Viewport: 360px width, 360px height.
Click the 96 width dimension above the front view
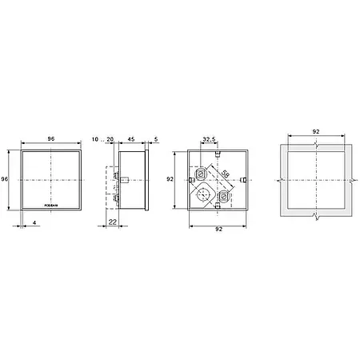coord(50,138)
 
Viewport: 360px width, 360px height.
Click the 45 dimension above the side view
coord(130,138)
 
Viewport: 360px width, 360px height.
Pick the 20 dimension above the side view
coord(110,138)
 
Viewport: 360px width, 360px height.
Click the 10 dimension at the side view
coord(95,138)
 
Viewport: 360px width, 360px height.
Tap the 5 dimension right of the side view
coord(155,138)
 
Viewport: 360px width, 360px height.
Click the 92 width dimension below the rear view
coord(218,230)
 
